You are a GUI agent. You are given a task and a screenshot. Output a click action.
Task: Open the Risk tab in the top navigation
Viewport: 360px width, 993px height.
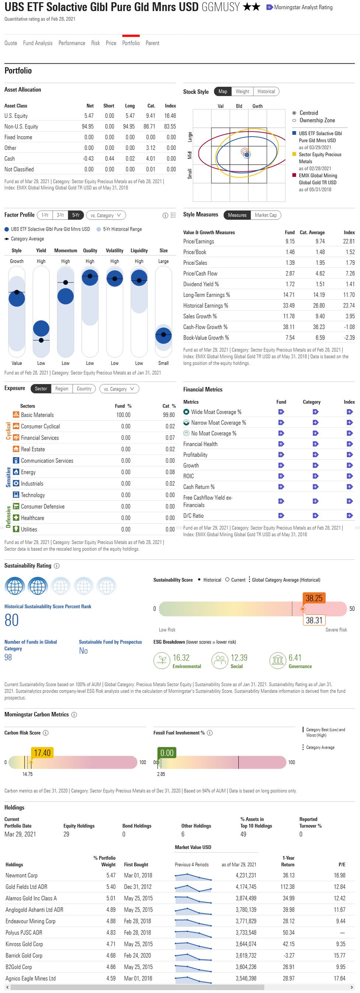click(x=95, y=43)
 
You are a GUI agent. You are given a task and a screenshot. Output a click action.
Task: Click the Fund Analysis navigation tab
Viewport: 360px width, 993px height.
click(x=37, y=43)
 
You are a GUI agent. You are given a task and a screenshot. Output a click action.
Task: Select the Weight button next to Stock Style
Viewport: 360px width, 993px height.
click(x=242, y=91)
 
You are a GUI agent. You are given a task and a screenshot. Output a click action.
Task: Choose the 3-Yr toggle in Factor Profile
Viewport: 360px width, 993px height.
click(x=60, y=215)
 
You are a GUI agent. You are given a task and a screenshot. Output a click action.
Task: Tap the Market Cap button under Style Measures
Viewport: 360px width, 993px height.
click(x=266, y=215)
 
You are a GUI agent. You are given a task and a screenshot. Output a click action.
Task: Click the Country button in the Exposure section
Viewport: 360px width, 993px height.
click(x=84, y=389)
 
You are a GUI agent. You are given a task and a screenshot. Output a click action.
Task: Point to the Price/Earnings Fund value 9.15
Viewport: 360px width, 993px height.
click(x=290, y=241)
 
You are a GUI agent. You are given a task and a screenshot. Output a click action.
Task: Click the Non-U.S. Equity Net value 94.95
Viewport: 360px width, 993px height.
click(x=87, y=126)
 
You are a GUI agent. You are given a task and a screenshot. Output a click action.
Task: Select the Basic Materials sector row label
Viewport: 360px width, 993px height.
click(x=37, y=415)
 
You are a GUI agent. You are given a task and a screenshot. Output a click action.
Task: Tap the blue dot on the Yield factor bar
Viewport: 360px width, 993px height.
click(x=41, y=329)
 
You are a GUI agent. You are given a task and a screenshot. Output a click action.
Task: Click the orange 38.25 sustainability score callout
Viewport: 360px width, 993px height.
click(x=314, y=598)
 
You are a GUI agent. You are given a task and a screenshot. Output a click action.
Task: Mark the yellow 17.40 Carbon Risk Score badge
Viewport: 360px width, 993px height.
click(x=42, y=753)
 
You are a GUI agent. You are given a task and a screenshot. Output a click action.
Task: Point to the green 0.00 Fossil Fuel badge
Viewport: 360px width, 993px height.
click(x=167, y=753)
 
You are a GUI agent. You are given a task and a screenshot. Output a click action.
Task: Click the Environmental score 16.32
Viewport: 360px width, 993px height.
click(x=181, y=657)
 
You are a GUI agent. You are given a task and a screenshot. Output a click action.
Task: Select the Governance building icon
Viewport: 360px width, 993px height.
click(x=277, y=660)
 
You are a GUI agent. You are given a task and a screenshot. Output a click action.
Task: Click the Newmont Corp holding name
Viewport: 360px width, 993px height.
click(x=22, y=876)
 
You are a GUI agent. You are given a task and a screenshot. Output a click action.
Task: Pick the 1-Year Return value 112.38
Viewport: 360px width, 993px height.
click(x=287, y=887)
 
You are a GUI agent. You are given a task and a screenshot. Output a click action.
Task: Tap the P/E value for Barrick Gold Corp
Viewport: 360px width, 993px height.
click(x=340, y=955)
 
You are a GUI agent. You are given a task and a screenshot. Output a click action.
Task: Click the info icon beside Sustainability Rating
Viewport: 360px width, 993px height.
click(x=57, y=566)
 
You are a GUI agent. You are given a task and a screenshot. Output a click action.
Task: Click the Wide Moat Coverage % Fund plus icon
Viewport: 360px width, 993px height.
click(x=281, y=412)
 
